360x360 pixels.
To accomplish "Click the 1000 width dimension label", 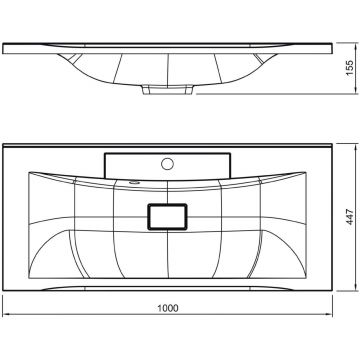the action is point(168,308).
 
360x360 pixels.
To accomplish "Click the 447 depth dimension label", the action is point(349,217).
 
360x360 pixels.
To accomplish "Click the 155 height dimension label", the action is point(349,68).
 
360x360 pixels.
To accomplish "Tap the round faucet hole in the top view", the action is point(167,164).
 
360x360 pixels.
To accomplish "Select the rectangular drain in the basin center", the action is point(167,217).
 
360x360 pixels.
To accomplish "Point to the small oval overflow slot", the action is point(135,182).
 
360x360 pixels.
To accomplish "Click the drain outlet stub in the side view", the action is point(168,90).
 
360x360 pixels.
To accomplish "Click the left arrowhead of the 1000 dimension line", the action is point(5,314).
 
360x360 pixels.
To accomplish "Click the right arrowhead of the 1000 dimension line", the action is point(330,314).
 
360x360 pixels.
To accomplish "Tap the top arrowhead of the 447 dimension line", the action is point(355,147).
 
